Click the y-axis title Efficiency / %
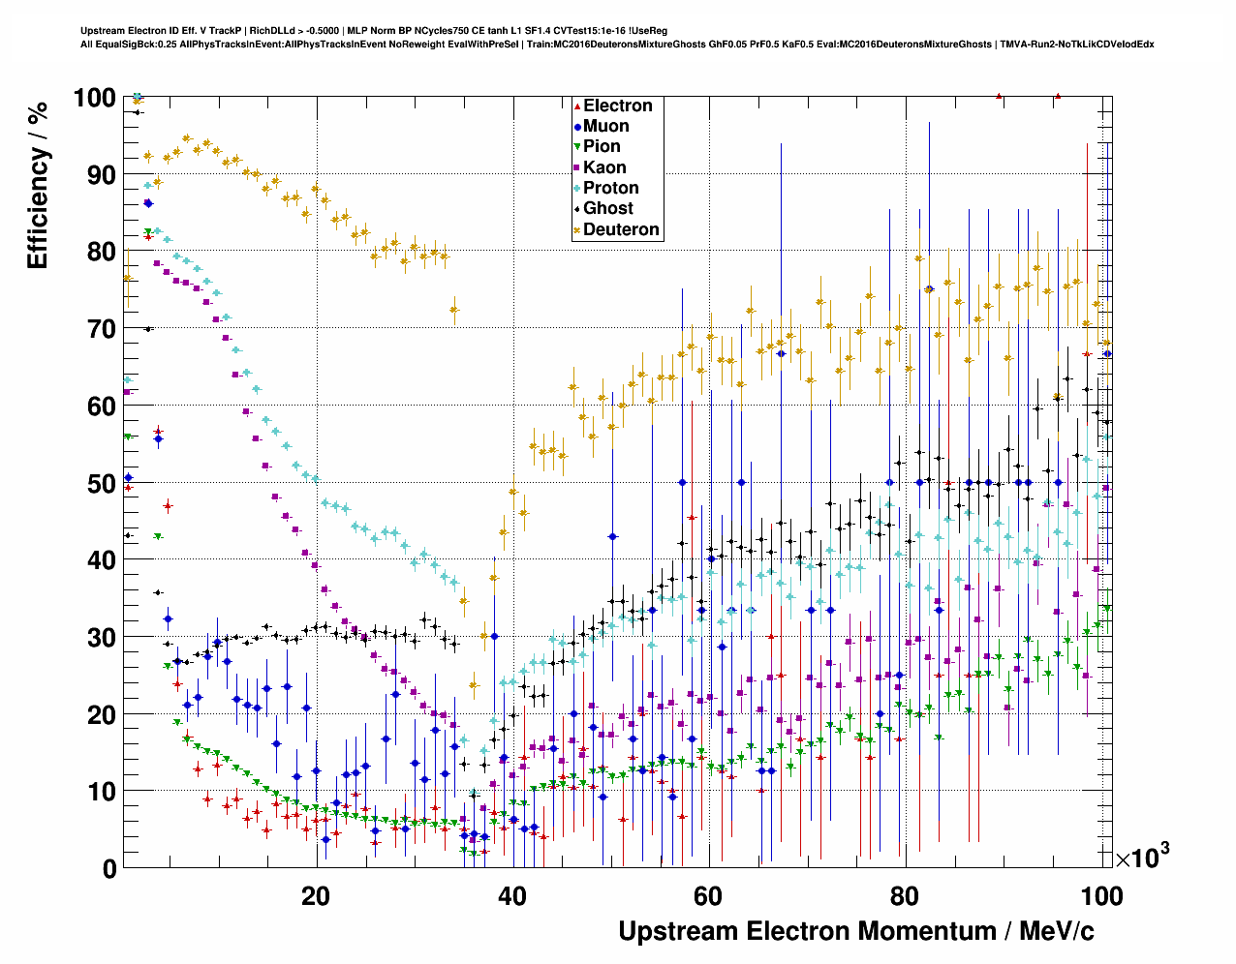pyautogui.click(x=38, y=185)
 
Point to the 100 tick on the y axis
pyautogui.click(x=94, y=98)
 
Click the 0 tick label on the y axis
pyautogui.click(x=109, y=868)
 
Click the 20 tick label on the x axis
pyautogui.click(x=316, y=895)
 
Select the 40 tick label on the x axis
pyautogui.click(x=512, y=895)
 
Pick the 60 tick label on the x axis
pyautogui.click(x=709, y=895)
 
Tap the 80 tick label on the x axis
pyautogui.click(x=906, y=895)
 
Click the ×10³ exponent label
pyautogui.click(x=1142, y=857)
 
